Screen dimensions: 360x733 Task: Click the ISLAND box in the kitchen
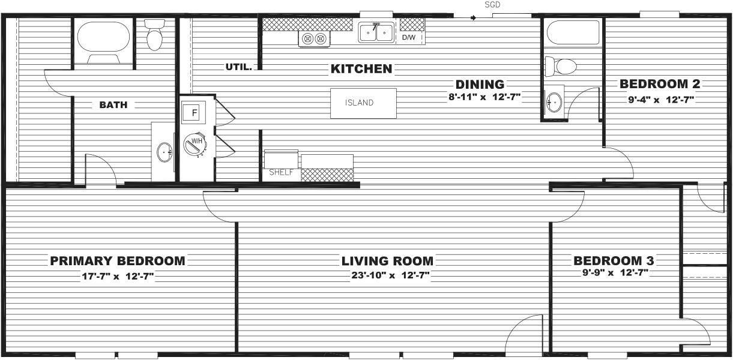(x=363, y=103)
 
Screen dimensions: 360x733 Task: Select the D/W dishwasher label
(x=409, y=37)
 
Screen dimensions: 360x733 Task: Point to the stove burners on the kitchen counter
(x=315, y=39)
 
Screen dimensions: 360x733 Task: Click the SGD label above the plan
(x=492, y=5)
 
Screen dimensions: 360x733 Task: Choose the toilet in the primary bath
(x=155, y=36)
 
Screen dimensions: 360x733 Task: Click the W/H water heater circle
(x=195, y=143)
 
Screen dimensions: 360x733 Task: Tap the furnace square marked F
(x=194, y=112)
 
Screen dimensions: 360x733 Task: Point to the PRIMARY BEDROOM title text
(x=118, y=261)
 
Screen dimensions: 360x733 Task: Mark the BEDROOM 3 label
(x=614, y=261)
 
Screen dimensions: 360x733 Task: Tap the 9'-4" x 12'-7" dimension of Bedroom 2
(x=661, y=100)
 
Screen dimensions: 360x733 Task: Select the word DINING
(x=479, y=85)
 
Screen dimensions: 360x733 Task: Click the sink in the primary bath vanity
(x=164, y=154)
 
